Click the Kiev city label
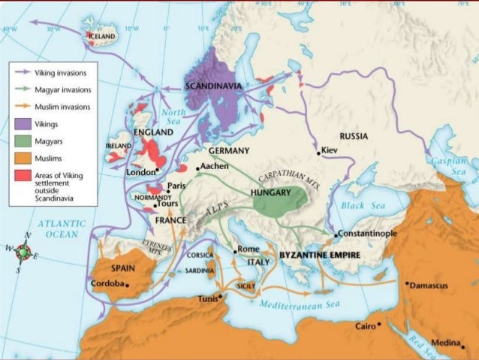pyautogui.click(x=332, y=150)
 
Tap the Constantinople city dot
pyautogui.click(x=336, y=234)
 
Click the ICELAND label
pyautogui.click(x=102, y=35)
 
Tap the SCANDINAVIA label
pyautogui.click(x=214, y=86)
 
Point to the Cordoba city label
pyautogui.click(x=107, y=284)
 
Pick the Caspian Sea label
pyautogui.click(x=449, y=166)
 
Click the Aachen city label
pyautogui.click(x=215, y=165)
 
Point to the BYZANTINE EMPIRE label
pyautogui.click(x=320, y=256)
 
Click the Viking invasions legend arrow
pyautogui.click(x=23, y=73)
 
